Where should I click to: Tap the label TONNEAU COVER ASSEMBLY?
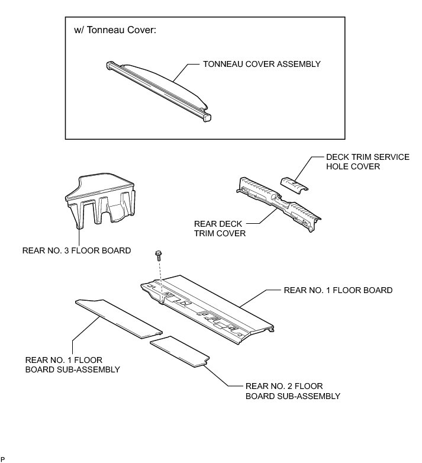(261, 63)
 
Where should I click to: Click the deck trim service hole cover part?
(295, 183)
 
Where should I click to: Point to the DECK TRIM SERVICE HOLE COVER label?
(368, 162)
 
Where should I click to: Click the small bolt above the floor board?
(159, 255)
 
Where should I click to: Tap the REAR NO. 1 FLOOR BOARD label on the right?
(338, 290)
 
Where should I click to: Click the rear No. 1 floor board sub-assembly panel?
(118, 317)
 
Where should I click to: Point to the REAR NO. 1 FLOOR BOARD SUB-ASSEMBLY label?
(73, 364)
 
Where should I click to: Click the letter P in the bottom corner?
(2, 459)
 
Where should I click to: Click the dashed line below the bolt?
(159, 272)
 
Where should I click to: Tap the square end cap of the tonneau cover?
(207, 117)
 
